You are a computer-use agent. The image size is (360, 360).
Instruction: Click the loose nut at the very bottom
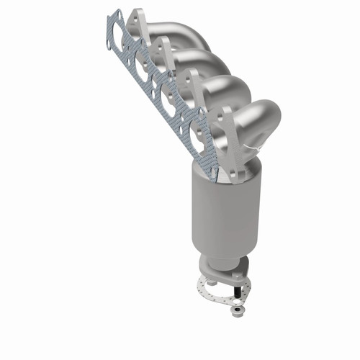pyautogui.click(x=235, y=310)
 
